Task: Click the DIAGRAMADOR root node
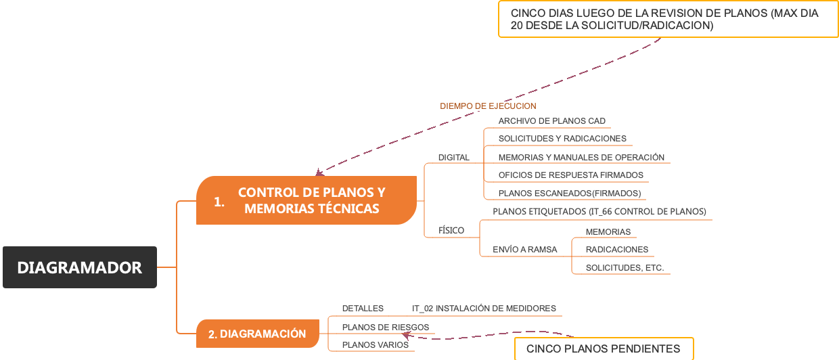tap(80, 267)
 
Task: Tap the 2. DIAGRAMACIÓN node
tap(257, 334)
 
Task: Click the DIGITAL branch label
tap(453, 158)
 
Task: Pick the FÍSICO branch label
tap(451, 231)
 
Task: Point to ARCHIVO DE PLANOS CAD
tap(551, 121)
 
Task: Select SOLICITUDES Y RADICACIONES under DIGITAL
tap(562, 139)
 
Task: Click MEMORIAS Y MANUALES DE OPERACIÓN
tap(581, 158)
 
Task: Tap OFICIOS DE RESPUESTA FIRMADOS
tap(570, 175)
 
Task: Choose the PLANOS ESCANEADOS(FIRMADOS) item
tap(569, 194)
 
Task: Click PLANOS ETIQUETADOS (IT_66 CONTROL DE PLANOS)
tap(599, 212)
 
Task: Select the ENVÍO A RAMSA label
tap(524, 250)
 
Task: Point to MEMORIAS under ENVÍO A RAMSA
tap(608, 232)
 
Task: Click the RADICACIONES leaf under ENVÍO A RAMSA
tap(616, 250)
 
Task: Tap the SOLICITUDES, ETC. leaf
tap(625, 268)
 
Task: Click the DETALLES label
tap(363, 309)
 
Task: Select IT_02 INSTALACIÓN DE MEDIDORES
tap(484, 309)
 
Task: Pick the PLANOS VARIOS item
tap(375, 345)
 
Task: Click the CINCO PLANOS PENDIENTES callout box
tap(604, 349)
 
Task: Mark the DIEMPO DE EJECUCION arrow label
tap(488, 106)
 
